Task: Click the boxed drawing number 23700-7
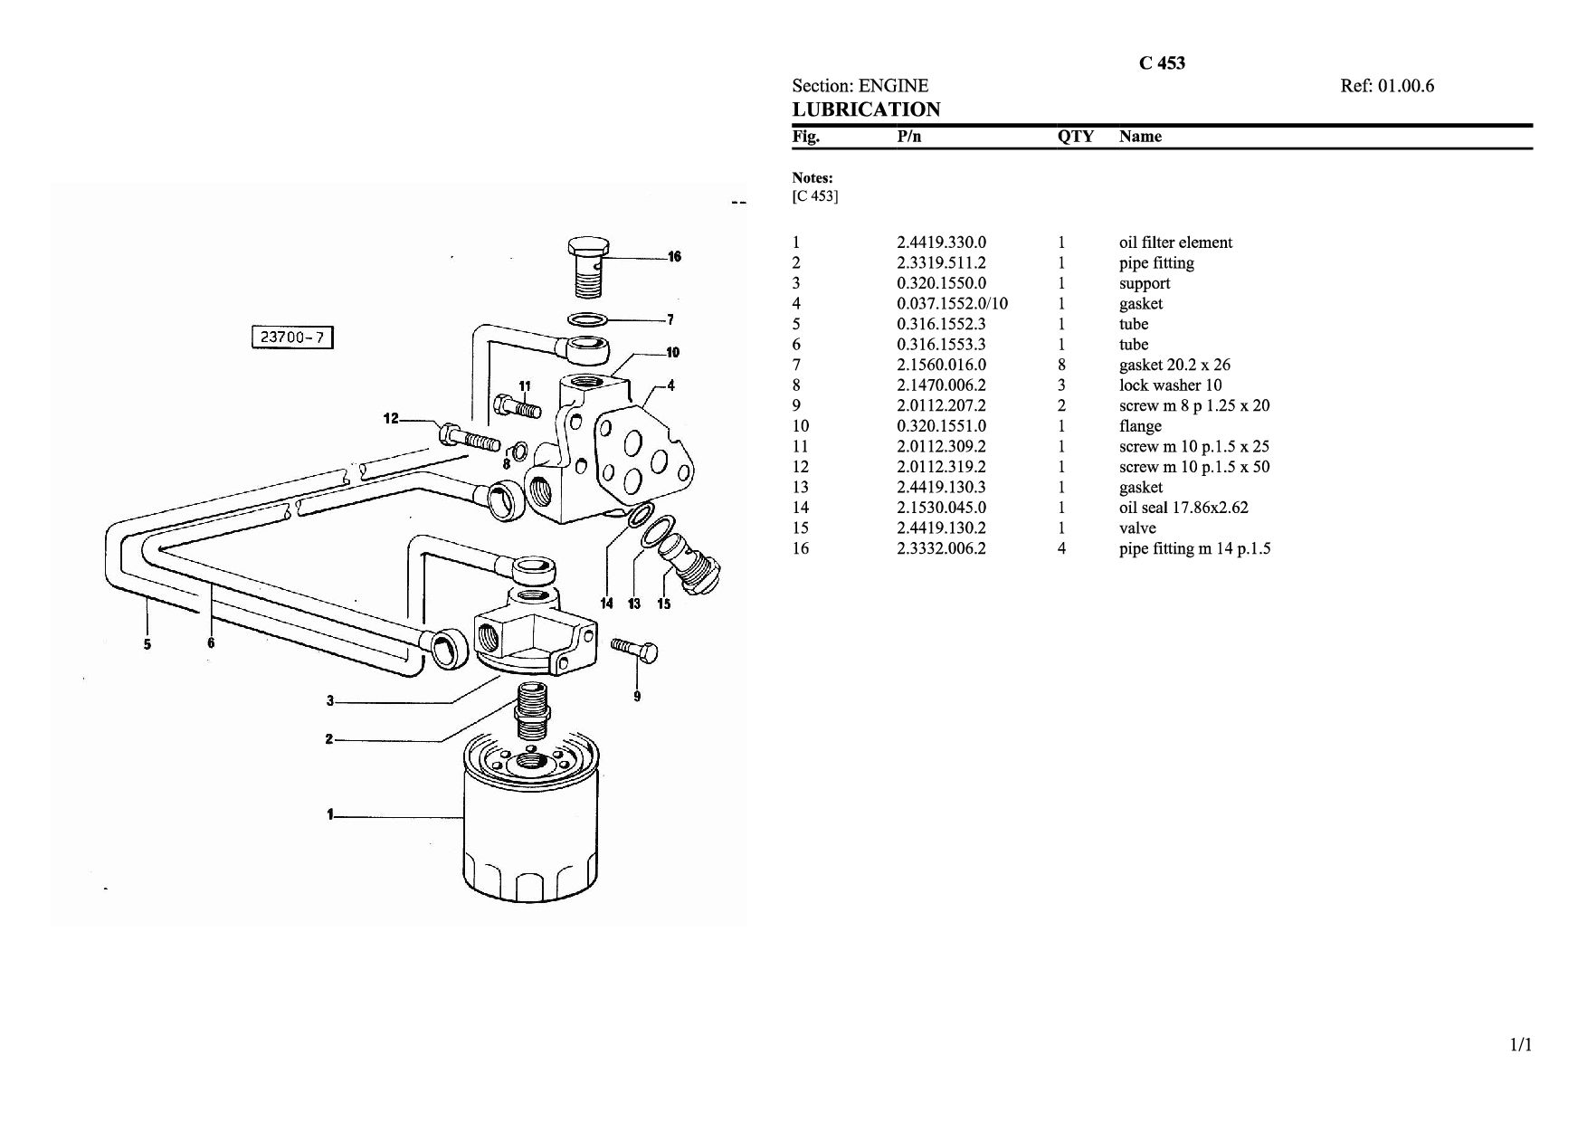[292, 338]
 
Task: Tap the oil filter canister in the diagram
[530, 818]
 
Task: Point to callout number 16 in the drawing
[674, 257]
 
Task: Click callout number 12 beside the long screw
[391, 419]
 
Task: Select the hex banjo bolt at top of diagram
[589, 266]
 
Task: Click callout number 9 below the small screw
[637, 696]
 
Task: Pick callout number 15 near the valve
[664, 604]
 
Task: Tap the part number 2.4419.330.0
[941, 242]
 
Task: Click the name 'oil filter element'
[1175, 242]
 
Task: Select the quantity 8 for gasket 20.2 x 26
[1061, 365]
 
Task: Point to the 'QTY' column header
[1076, 137]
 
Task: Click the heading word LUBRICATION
[867, 109]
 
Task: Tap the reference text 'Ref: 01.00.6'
[1387, 86]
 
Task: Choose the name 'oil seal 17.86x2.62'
[1183, 508]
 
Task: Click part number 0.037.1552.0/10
[952, 304]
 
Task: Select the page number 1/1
[1521, 1045]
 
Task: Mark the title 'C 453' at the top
[1162, 63]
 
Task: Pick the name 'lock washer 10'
[1170, 385]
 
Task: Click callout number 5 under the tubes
[147, 644]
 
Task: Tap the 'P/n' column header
[909, 137]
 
